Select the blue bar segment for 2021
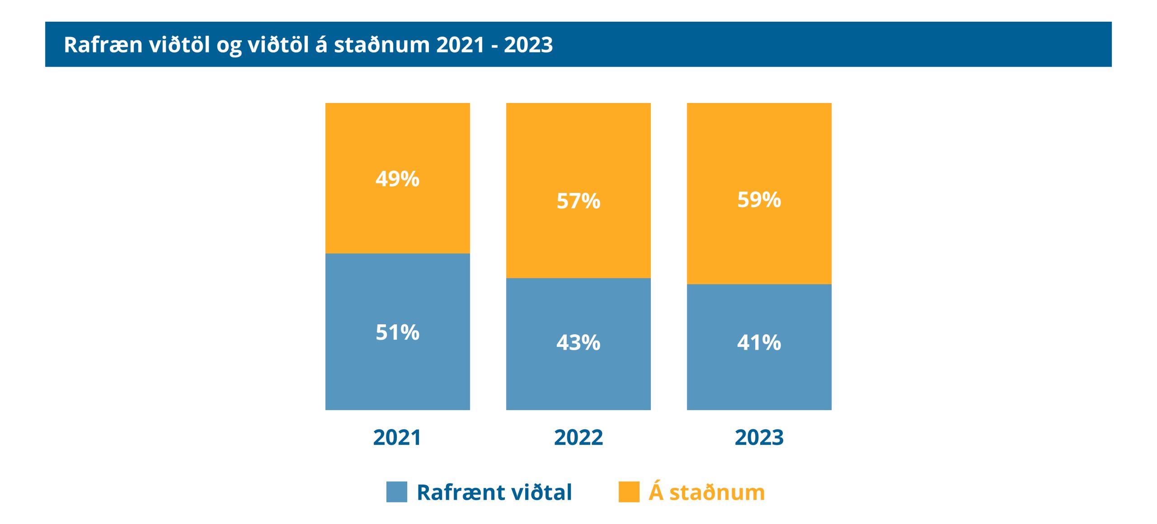[398, 375]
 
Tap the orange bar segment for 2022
[578, 145]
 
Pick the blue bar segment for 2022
[578, 384]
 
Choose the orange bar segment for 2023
[759, 145]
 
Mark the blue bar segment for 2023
[759, 384]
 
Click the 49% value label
[398, 179]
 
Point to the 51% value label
[398, 332]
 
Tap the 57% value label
[578, 201]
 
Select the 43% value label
[578, 342]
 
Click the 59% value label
[759, 200]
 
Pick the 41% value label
[759, 342]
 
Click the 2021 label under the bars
[397, 437]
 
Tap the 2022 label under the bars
[578, 437]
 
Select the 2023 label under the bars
[759, 437]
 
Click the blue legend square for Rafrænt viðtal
[397, 492]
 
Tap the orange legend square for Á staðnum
[629, 492]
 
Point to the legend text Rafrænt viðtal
[494, 492]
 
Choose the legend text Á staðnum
[707, 491]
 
